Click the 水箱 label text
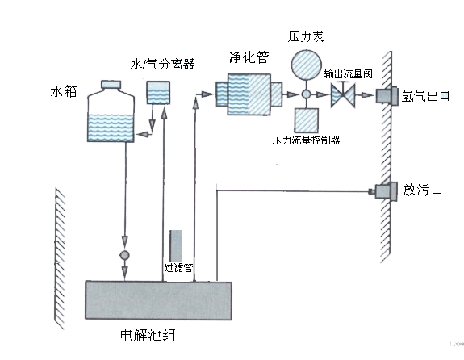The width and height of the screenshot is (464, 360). click(x=64, y=91)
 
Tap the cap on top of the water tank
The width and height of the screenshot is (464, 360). click(x=111, y=85)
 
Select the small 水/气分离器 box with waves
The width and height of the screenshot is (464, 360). click(x=158, y=92)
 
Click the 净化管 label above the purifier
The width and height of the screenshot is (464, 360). click(x=249, y=57)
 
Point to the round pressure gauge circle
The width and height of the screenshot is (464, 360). click(x=307, y=65)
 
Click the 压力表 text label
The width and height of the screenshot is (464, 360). click(x=306, y=36)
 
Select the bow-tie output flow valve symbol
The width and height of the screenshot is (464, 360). click(x=343, y=94)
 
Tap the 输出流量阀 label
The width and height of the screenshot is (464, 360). click(x=348, y=74)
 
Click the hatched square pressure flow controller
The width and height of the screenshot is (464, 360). click(x=307, y=120)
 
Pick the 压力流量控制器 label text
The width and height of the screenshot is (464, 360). click(x=306, y=140)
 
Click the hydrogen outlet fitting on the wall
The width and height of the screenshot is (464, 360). click(x=387, y=95)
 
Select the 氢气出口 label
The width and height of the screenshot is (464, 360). click(x=425, y=96)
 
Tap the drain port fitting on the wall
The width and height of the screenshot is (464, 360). click(x=385, y=191)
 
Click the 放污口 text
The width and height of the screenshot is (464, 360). click(x=423, y=190)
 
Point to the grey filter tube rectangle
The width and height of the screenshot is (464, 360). click(x=175, y=245)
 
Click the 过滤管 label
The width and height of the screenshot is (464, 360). click(x=178, y=268)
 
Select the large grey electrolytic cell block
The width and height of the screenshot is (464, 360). click(x=159, y=300)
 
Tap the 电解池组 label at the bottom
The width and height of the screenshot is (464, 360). click(x=148, y=336)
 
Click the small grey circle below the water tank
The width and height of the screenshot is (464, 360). click(x=124, y=255)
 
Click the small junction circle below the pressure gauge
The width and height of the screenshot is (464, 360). click(x=307, y=94)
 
